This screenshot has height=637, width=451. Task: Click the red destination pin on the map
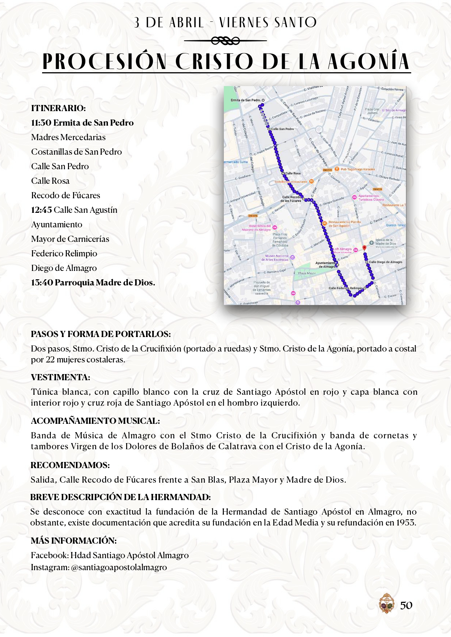coord(365,248)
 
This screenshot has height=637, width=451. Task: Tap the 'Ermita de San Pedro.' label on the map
coord(246,100)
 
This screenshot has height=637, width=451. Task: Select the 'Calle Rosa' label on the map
coord(293,173)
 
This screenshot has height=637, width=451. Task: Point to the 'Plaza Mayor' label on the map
coord(307,273)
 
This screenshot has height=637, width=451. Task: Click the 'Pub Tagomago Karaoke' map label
coord(358,169)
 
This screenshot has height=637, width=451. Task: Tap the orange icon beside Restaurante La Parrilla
coord(324,223)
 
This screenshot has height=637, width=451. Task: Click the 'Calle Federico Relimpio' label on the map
coord(346,288)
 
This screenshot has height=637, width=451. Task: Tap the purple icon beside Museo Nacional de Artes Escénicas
coord(293,257)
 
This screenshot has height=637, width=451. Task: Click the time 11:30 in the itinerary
coord(41,123)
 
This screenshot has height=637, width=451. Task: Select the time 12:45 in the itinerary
coord(41,210)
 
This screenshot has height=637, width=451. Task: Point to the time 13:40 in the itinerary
coord(41,283)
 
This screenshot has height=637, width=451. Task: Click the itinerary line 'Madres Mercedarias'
coord(68,137)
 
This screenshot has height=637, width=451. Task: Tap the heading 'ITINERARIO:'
coord(58,108)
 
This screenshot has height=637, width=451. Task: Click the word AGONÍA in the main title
coord(369,62)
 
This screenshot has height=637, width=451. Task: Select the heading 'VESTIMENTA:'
coord(60,377)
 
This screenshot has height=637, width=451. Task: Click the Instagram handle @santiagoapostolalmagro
coord(119,567)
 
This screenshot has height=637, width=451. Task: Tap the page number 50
coord(406,605)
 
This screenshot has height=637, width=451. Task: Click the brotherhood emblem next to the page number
coord(386,603)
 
